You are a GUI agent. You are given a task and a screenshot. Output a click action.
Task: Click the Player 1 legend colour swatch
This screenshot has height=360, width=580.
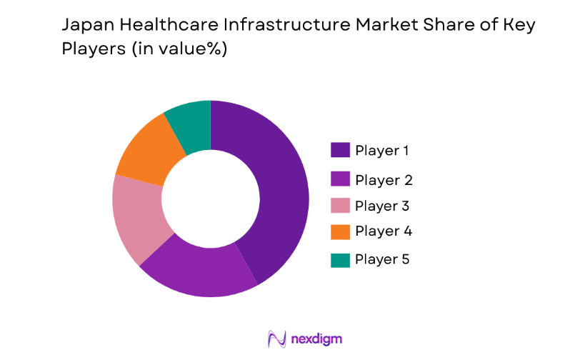pos(340,150)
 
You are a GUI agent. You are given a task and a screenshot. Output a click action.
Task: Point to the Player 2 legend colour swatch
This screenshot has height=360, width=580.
pos(340,179)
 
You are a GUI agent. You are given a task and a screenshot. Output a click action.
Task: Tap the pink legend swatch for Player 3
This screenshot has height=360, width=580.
pos(340,206)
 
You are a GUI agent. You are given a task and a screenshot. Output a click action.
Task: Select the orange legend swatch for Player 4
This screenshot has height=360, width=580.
pos(340,231)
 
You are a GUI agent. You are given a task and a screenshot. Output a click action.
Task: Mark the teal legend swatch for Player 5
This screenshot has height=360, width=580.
pos(340,259)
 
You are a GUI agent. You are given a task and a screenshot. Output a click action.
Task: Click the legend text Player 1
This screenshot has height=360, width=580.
pos(383,151)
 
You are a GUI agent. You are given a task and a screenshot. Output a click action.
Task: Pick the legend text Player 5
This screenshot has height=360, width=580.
pos(383,259)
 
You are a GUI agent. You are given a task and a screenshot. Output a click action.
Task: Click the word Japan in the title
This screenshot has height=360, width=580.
pos(87,26)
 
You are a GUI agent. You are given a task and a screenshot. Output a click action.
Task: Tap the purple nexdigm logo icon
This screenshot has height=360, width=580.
pos(276,339)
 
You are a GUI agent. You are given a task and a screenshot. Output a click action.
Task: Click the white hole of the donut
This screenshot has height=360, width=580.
pos(211,199)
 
